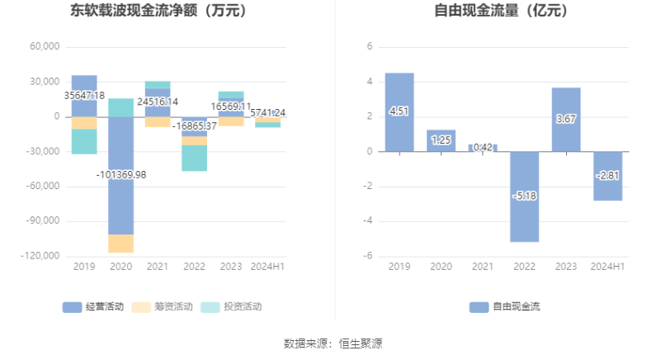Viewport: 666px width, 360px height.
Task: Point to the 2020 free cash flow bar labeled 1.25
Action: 441,140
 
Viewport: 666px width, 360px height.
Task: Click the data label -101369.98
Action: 120,174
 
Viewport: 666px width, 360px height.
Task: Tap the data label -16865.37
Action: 195,126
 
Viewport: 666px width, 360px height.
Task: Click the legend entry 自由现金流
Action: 504,307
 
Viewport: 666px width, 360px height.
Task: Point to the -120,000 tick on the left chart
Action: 42,256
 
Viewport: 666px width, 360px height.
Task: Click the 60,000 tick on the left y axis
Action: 45,47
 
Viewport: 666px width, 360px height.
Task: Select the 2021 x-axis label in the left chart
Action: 158,267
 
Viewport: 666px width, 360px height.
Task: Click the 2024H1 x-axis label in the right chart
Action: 607,267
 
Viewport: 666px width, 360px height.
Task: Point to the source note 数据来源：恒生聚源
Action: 333,343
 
